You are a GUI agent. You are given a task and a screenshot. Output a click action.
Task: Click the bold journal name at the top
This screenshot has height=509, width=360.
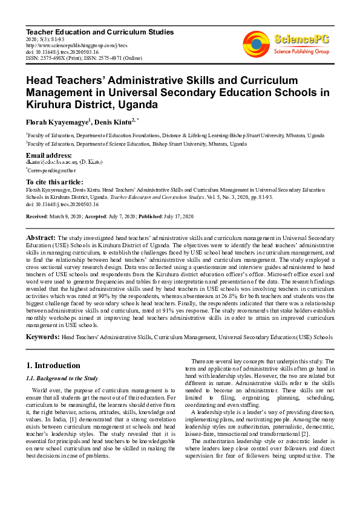coord(99,31)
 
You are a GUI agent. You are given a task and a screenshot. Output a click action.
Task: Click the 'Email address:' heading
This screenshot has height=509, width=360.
coord(50,155)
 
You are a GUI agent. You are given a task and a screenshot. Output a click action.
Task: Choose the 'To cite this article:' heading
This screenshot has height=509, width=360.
coord(54,182)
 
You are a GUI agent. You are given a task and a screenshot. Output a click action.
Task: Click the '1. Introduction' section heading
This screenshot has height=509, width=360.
coord(54,365)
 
